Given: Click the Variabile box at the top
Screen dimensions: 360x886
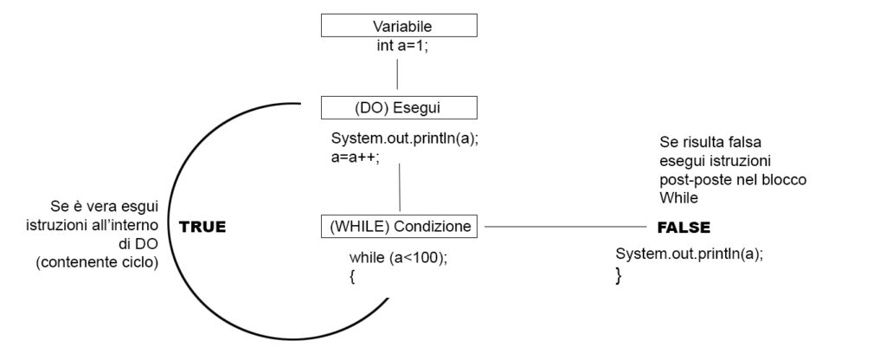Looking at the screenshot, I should [x=398, y=26].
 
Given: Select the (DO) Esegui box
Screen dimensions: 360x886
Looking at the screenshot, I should [x=398, y=108].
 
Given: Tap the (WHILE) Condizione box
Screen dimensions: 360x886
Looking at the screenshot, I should [x=400, y=227].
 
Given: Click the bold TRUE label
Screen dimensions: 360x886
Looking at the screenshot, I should [x=202, y=228].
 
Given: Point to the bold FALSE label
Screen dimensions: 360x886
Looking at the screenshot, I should [x=684, y=228].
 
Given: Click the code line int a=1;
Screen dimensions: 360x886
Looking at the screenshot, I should [x=398, y=46].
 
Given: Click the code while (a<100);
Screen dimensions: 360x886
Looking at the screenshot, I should [x=399, y=258].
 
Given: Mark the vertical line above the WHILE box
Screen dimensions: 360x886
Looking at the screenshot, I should [x=400, y=188].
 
